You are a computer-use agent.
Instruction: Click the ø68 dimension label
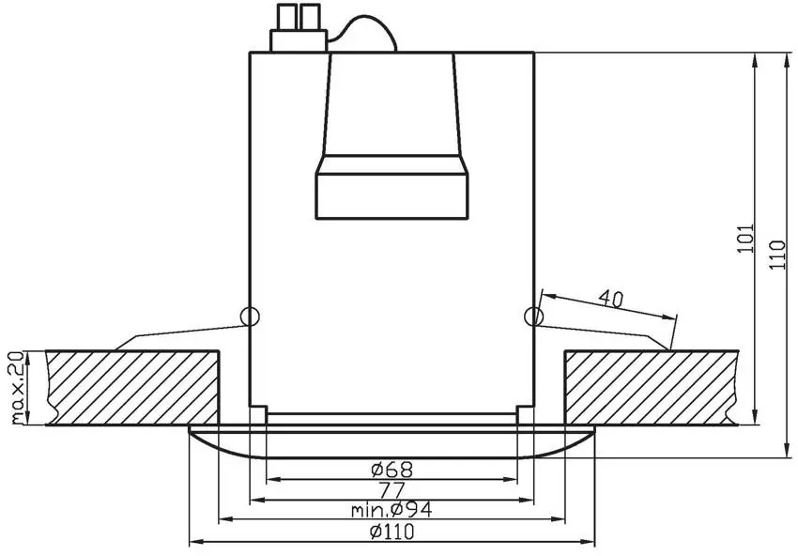[x=391, y=470]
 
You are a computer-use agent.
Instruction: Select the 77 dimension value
[x=391, y=491]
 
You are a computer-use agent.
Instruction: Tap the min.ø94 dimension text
[x=391, y=509]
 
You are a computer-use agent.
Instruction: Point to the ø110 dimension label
[x=391, y=533]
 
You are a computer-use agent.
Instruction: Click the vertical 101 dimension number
[x=744, y=238]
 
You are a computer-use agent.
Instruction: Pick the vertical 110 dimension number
[x=777, y=255]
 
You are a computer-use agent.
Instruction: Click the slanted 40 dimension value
[x=611, y=299]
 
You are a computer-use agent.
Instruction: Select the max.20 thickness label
[x=18, y=388]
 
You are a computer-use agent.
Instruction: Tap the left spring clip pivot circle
[x=250, y=317]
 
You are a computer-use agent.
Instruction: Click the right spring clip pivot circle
[x=533, y=317]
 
